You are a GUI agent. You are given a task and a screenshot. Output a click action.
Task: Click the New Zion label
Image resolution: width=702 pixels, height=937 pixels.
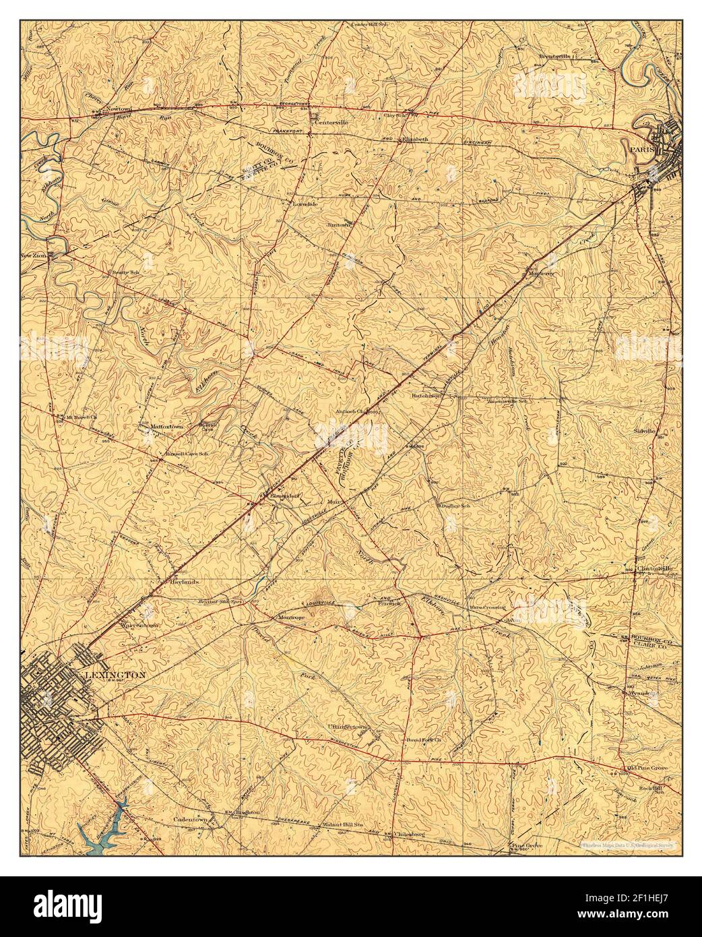click(x=36, y=255)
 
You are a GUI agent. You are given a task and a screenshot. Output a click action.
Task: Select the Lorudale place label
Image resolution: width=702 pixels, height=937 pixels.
click(x=303, y=202)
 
